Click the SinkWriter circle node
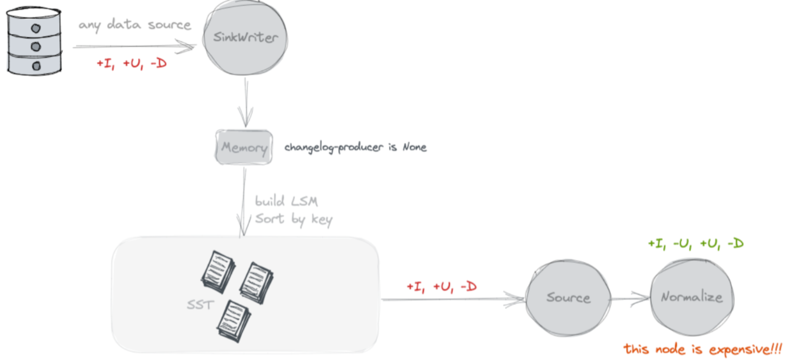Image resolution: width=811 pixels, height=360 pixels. click(245, 38)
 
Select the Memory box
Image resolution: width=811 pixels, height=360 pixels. click(244, 147)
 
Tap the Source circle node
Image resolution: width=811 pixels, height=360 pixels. click(568, 298)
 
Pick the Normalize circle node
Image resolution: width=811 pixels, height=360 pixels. click(692, 297)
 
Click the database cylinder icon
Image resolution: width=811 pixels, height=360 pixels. click(34, 41)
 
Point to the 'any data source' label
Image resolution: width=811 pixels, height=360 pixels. click(134, 25)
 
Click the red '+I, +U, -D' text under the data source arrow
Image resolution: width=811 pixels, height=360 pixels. click(132, 64)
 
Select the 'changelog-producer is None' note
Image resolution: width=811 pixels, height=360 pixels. click(355, 147)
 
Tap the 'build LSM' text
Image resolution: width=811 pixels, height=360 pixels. click(286, 201)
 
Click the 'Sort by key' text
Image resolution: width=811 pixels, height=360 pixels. click(293, 219)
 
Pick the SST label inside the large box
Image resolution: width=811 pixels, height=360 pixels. click(200, 305)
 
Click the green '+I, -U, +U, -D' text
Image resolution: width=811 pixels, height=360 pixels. click(695, 244)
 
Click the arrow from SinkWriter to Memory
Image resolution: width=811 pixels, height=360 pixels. click(245, 103)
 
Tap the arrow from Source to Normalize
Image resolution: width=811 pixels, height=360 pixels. click(630, 299)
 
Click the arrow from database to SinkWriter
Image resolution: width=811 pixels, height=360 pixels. click(133, 46)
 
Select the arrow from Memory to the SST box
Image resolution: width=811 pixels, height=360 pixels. click(244, 201)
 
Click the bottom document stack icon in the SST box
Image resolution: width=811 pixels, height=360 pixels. click(234, 321)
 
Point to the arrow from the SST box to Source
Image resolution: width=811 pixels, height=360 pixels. click(453, 300)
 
